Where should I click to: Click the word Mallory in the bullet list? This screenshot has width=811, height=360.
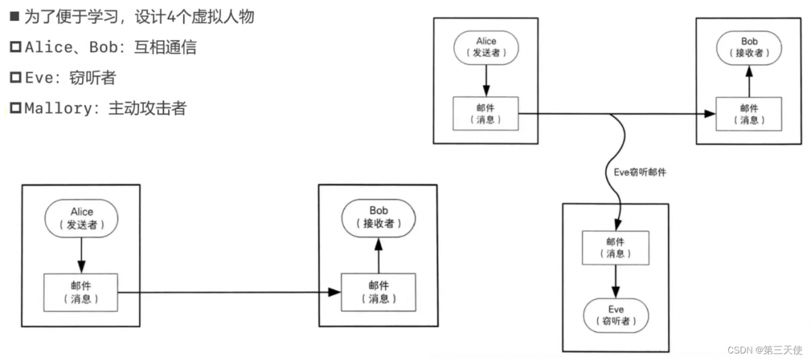click(x=58, y=108)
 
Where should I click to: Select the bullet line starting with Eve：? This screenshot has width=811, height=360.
click(x=63, y=78)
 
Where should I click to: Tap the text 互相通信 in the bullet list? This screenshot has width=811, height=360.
click(x=162, y=48)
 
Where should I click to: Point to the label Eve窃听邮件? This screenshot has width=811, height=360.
click(x=640, y=172)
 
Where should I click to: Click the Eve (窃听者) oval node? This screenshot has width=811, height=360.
click(x=616, y=315)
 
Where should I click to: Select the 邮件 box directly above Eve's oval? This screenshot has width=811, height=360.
click(x=615, y=248)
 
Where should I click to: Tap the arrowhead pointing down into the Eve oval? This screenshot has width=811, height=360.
click(x=616, y=293)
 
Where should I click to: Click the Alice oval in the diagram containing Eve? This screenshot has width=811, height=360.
click(x=486, y=47)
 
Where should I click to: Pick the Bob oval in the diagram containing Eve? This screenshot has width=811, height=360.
click(x=749, y=47)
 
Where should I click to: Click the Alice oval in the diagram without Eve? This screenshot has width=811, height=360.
click(x=81, y=218)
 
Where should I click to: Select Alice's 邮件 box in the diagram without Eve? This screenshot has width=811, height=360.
click(x=80, y=292)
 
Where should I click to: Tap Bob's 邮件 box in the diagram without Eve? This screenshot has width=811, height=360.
click(x=378, y=292)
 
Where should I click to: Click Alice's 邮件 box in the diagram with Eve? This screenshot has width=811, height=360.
click(x=486, y=113)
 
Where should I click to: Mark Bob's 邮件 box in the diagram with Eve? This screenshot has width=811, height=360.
click(x=749, y=114)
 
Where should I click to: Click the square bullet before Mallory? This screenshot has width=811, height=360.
click(x=15, y=108)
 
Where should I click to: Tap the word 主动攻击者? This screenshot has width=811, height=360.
click(x=147, y=108)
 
